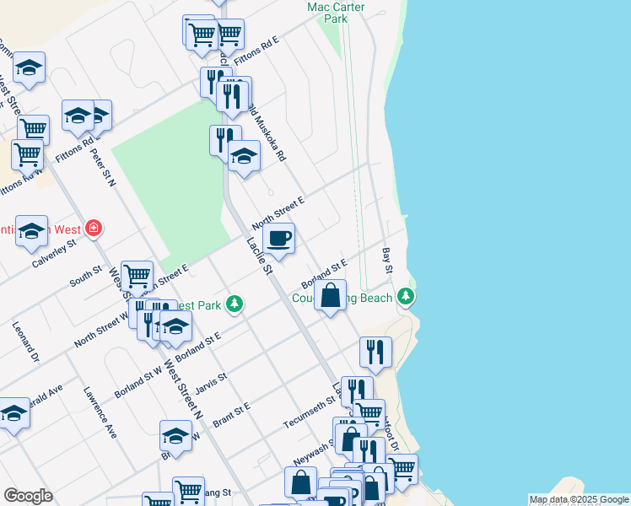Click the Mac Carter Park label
tap(336, 13)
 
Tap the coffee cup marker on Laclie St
tap(278, 239)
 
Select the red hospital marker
tap(93, 229)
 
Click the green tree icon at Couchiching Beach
tap(407, 297)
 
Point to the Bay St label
tap(388, 260)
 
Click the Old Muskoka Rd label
tap(269, 135)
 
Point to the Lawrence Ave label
tap(100, 412)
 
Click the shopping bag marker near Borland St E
tap(332, 296)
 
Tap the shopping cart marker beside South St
tap(137, 276)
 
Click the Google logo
tap(28, 496)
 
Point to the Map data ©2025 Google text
tap(578, 499)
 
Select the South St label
tap(85, 276)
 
